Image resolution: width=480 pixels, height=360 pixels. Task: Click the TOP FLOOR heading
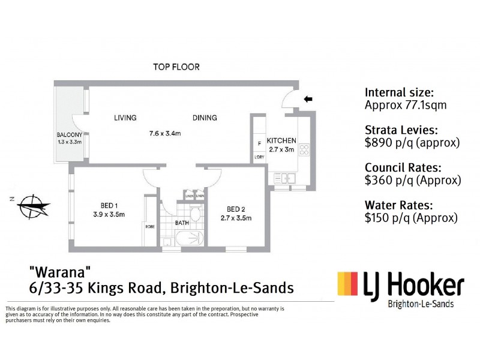[175, 67]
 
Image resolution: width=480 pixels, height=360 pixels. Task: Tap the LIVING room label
[125, 118]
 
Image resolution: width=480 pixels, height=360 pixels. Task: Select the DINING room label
[205, 118]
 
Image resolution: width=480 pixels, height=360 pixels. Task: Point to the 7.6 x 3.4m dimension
[164, 133]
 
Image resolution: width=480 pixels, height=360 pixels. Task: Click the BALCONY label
[70, 134]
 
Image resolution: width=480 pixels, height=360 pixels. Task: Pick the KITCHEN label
[281, 141]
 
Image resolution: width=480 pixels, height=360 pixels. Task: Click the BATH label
[182, 223]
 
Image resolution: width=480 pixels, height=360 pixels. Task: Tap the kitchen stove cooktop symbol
[304, 149]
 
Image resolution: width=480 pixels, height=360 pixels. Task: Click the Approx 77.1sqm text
[405, 105]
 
